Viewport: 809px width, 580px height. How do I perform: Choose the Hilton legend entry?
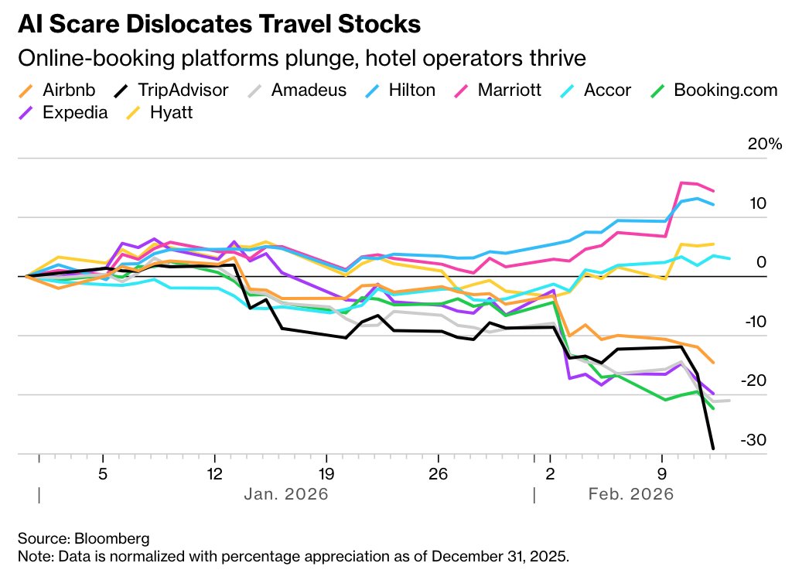click(410, 90)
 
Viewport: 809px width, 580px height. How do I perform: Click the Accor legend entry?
click(607, 90)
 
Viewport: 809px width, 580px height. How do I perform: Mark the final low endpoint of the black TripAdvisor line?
click(712, 448)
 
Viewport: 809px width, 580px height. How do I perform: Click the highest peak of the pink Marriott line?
click(681, 183)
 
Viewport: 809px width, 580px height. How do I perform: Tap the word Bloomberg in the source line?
click(111, 537)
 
